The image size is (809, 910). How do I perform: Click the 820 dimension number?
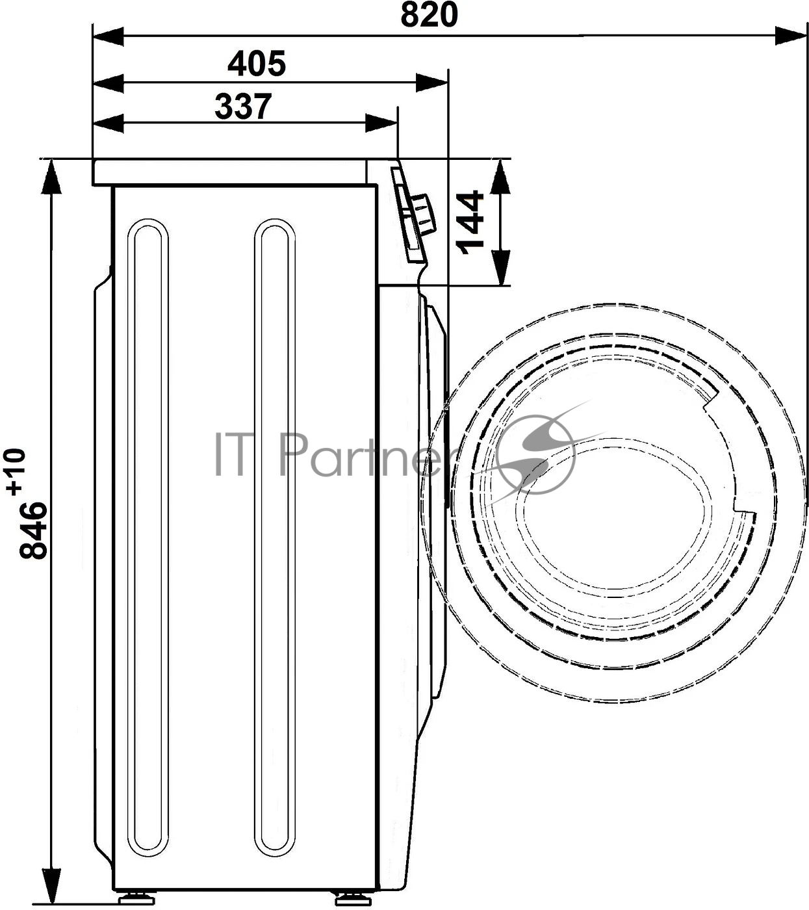(x=429, y=15)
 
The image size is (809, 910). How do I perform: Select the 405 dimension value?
(x=257, y=63)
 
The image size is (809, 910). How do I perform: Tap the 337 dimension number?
(x=243, y=107)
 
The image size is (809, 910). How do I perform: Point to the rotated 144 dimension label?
(x=470, y=222)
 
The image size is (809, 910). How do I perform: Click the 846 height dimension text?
(x=33, y=530)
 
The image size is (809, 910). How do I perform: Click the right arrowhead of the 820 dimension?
(x=791, y=36)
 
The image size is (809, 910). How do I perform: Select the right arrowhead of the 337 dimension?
(x=381, y=123)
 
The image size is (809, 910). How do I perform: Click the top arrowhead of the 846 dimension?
(x=51, y=177)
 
